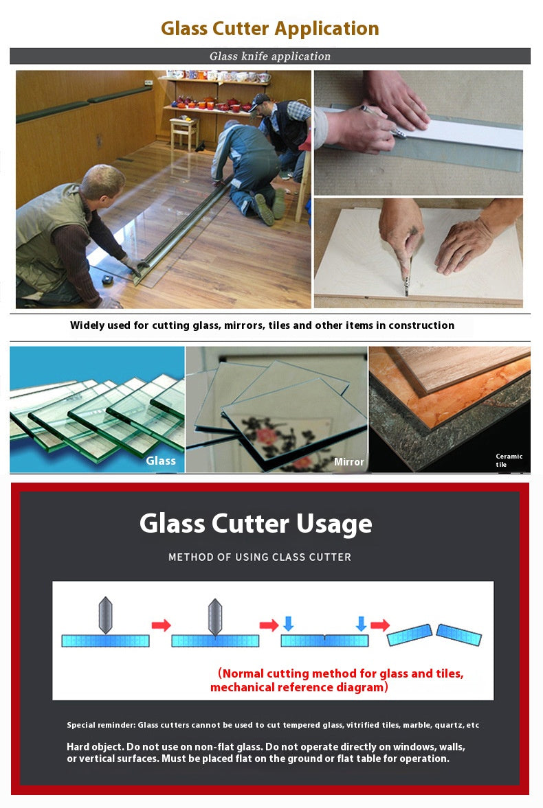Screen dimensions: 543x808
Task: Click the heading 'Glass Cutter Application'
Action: click(x=270, y=29)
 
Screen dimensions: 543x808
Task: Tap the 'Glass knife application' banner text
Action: click(x=270, y=56)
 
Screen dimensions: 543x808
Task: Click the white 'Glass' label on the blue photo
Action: click(x=161, y=461)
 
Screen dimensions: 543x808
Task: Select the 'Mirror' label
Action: click(x=349, y=462)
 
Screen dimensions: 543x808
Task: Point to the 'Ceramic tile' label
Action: click(x=509, y=460)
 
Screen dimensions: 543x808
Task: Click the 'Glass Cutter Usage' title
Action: click(x=256, y=524)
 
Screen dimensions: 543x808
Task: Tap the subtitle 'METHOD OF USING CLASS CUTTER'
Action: click(x=260, y=557)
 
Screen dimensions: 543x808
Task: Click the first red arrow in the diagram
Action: click(x=161, y=625)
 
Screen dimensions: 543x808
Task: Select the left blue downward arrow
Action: click(x=289, y=623)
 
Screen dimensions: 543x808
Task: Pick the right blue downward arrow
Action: click(x=362, y=623)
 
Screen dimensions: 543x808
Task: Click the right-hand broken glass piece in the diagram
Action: click(x=459, y=635)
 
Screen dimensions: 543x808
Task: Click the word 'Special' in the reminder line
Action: click(x=80, y=725)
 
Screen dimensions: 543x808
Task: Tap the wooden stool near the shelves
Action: click(x=184, y=132)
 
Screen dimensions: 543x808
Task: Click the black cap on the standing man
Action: click(x=258, y=101)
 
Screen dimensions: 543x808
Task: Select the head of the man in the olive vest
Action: click(x=104, y=183)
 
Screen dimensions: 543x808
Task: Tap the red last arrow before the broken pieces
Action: click(x=380, y=625)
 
